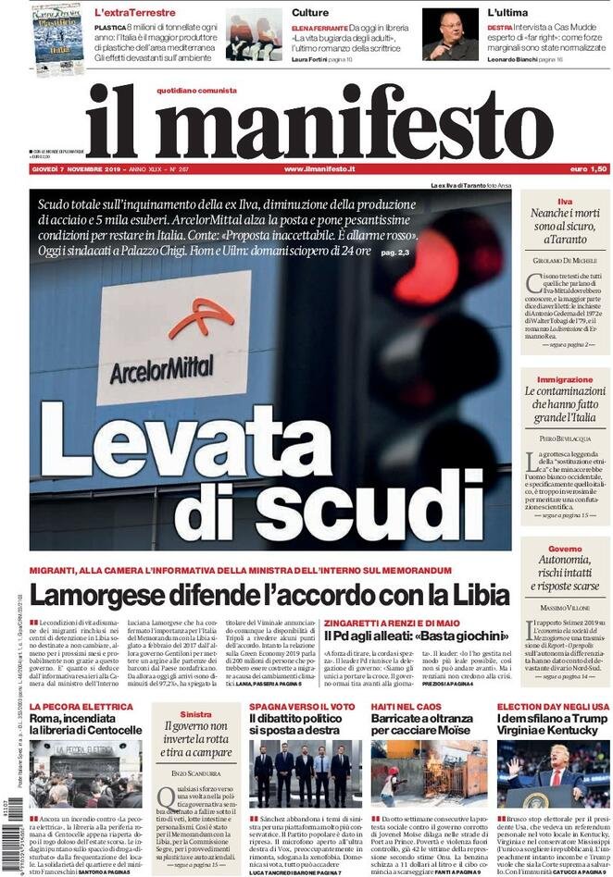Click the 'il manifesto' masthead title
coord(319,123)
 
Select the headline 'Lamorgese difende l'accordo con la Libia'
coord(269,595)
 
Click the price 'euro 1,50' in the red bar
coord(588,169)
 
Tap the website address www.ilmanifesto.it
coord(319,169)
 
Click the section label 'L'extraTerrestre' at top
coord(134,12)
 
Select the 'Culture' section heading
coord(309,12)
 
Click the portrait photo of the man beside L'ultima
coord(450,34)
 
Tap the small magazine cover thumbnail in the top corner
coord(56,38)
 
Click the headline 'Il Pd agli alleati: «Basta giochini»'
coord(417,636)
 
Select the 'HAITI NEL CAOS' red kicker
coord(407,706)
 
